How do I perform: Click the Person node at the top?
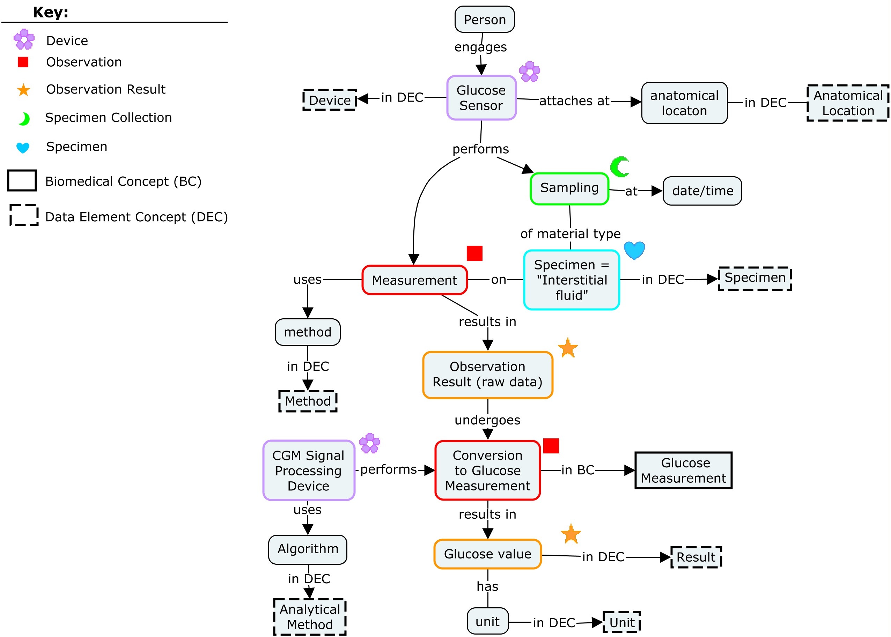[484, 19]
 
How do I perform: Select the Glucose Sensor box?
[481, 98]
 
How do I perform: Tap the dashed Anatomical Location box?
[847, 103]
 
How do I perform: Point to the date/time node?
[702, 191]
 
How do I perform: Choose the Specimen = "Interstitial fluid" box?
[571, 280]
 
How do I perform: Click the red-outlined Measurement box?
[414, 280]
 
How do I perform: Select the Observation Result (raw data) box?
[487, 375]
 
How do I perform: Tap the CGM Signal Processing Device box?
[308, 470]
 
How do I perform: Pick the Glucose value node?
[487, 554]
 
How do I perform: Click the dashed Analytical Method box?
[310, 617]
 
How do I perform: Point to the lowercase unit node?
[487, 622]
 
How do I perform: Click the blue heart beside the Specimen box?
[634, 250]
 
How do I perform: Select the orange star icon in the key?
[23, 90]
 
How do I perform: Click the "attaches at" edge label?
[574, 101]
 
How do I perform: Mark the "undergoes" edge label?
[487, 420]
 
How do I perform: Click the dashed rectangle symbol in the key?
[24, 215]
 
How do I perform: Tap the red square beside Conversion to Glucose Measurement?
[551, 446]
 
